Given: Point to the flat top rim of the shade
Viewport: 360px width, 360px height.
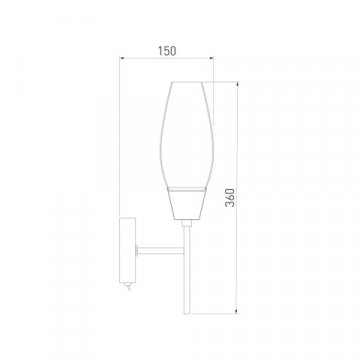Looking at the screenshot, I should point(187,77).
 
